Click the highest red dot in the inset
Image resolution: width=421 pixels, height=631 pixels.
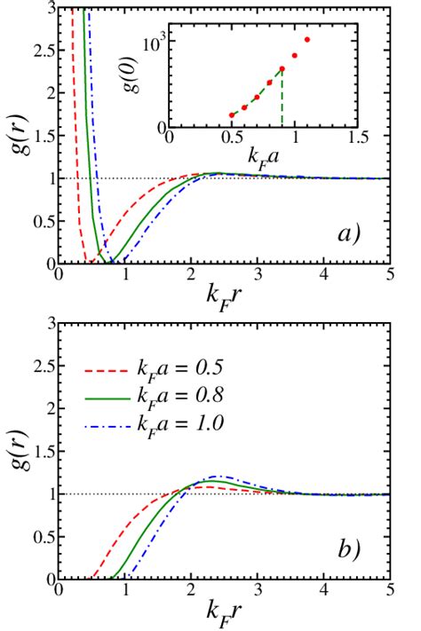tap(307, 40)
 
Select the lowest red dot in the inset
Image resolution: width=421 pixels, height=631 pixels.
tap(232, 114)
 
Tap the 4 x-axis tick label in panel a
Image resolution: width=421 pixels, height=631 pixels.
tap(324, 276)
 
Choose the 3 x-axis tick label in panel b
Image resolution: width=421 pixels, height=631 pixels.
tap(258, 590)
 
